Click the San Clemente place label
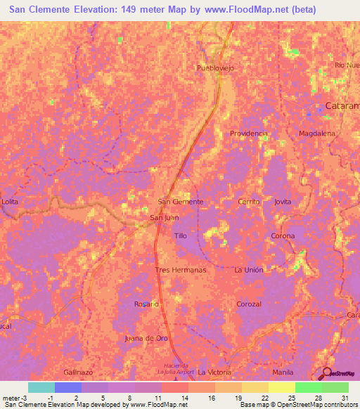(x=181, y=202)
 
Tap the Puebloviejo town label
(x=216, y=68)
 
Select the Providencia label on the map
(x=249, y=133)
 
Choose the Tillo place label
(x=181, y=236)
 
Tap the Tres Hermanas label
(x=180, y=270)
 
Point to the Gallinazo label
(x=78, y=372)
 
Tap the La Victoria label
(x=214, y=372)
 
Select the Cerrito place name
(x=248, y=202)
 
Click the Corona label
(x=283, y=236)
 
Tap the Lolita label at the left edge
(x=10, y=202)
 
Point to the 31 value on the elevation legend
(x=344, y=397)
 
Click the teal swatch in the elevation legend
(x=41, y=387)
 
